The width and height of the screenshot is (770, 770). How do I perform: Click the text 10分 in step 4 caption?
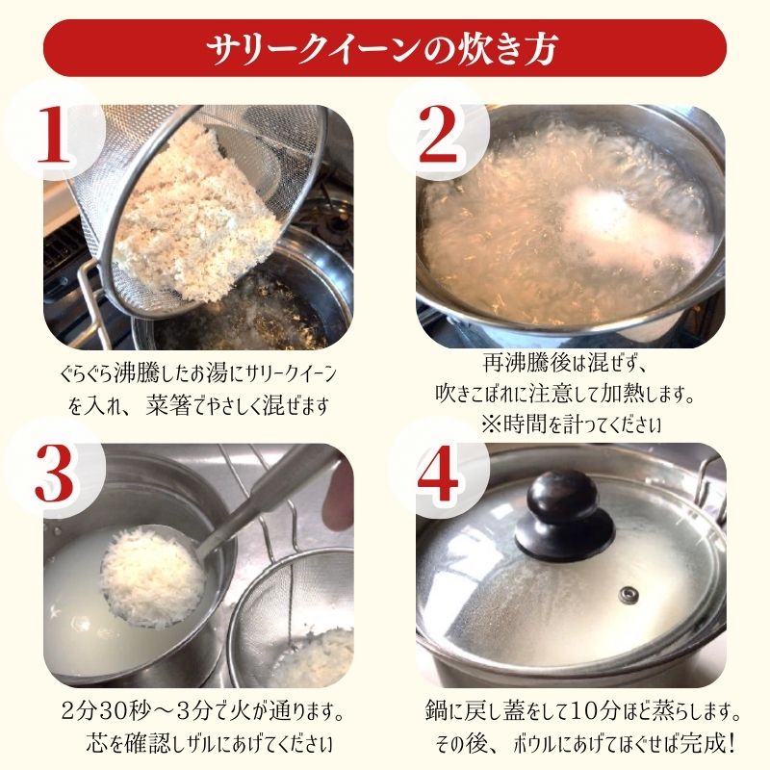576,716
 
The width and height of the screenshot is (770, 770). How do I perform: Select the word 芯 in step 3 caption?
90,745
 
